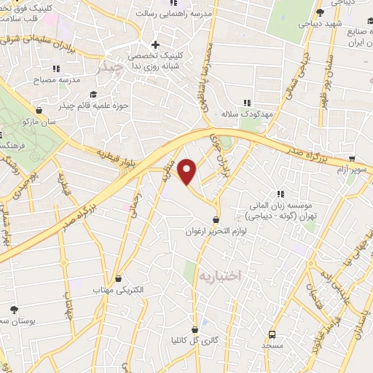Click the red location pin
(188, 171)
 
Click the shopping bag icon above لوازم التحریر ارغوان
(216, 219)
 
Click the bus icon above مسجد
(272, 334)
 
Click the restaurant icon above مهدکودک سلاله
(247, 103)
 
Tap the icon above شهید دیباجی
(319, 12)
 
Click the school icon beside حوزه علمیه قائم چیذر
(93, 95)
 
